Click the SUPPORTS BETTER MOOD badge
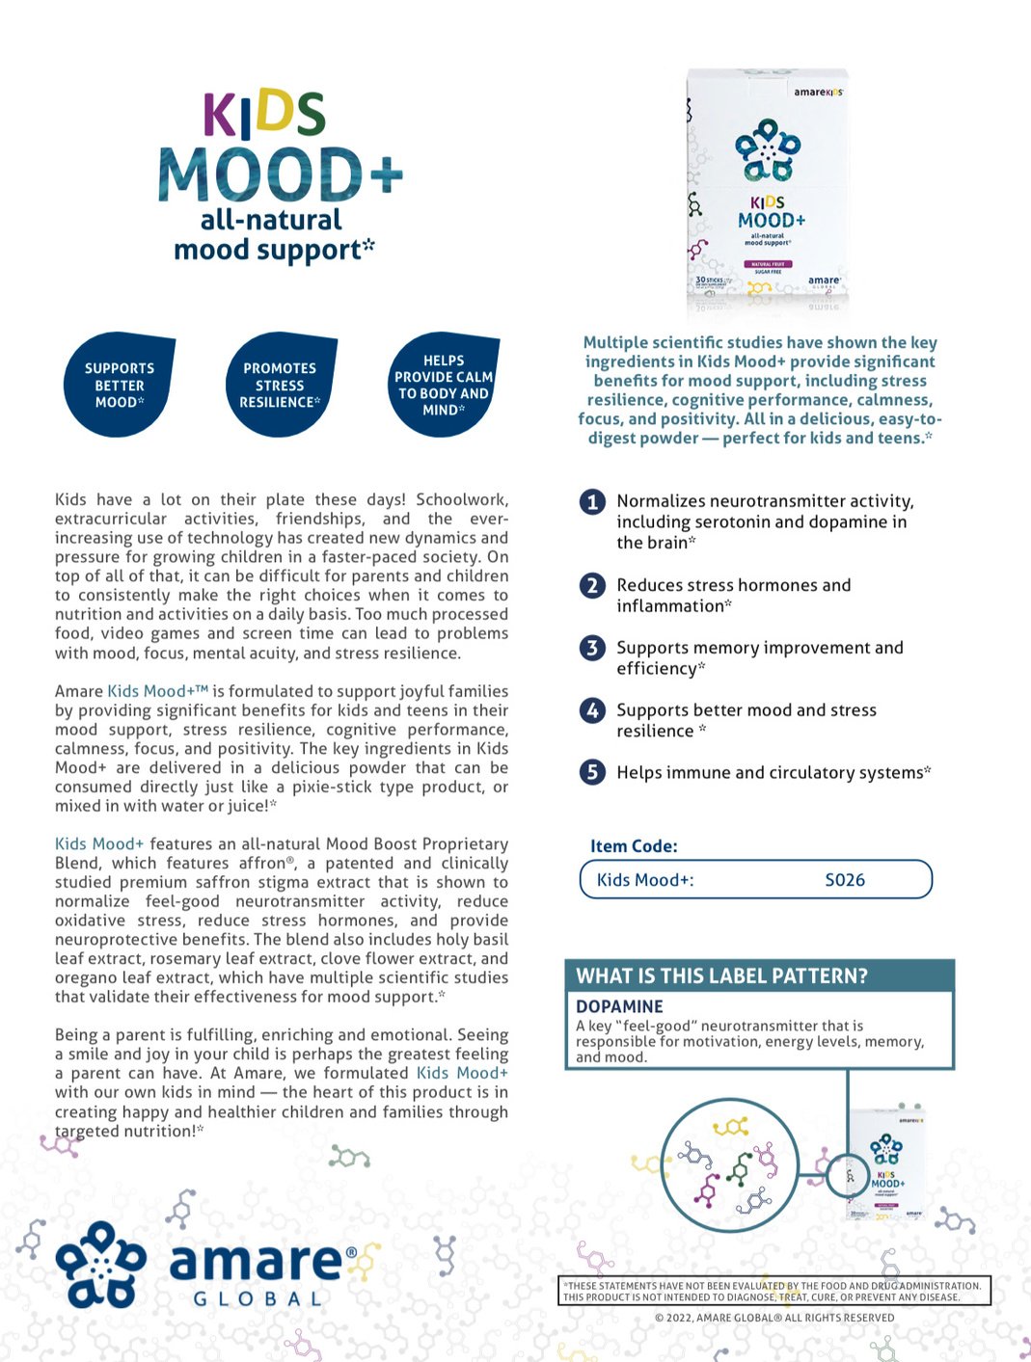click(x=119, y=385)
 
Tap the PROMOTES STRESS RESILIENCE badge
click(x=280, y=385)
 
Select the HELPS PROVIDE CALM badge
click(x=443, y=385)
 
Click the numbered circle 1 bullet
click(x=592, y=502)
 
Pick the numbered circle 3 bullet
click(x=592, y=648)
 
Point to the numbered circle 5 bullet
click(x=592, y=772)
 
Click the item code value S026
click(x=845, y=880)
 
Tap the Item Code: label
click(x=634, y=846)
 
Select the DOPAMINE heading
click(x=619, y=1006)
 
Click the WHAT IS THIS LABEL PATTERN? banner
click(x=721, y=975)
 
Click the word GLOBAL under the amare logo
click(x=258, y=1299)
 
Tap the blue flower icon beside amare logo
click(x=100, y=1264)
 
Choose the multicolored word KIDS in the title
click(x=263, y=114)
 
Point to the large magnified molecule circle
click(x=729, y=1164)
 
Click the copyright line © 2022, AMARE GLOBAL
click(x=773, y=1318)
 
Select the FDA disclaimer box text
click(x=773, y=1292)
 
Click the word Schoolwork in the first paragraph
click(x=462, y=499)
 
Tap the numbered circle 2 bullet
click(x=592, y=585)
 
